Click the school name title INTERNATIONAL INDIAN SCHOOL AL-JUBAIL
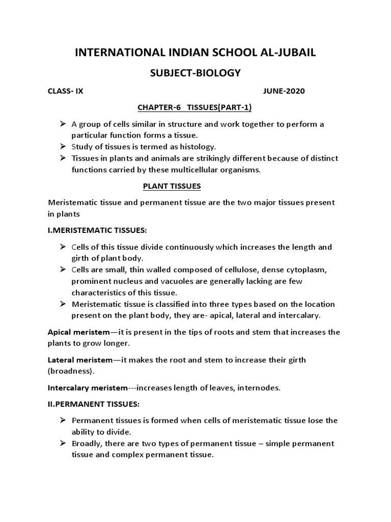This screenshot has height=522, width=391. [x=195, y=53]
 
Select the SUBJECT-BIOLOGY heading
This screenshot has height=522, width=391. [x=195, y=73]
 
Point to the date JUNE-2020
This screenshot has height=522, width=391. [x=284, y=91]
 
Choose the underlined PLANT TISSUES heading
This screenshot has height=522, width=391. [x=172, y=187]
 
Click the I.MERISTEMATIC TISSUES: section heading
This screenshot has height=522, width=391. [x=97, y=230]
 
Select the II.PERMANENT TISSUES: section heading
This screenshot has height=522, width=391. [x=93, y=404]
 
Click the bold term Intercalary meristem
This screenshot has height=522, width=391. [x=88, y=388]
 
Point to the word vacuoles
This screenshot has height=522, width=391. [x=165, y=281]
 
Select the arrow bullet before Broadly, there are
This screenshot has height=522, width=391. [x=63, y=443]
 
